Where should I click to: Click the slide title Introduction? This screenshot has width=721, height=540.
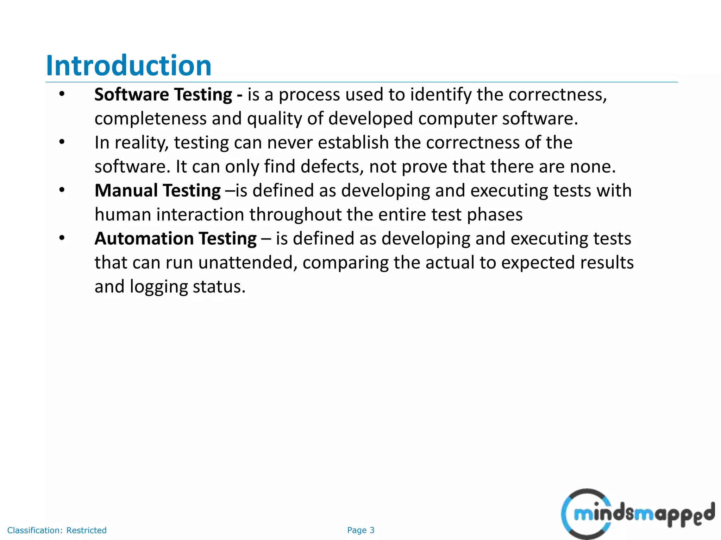129,66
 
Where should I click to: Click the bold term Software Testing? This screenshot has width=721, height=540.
163,95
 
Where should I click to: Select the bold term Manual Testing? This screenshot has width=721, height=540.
158,191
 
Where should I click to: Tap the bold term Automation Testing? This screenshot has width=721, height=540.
176,239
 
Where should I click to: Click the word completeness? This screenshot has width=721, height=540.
150,119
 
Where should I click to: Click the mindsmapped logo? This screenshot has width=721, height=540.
638,514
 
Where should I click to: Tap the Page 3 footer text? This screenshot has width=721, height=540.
360,530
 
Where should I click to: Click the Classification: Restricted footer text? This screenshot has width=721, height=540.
57,530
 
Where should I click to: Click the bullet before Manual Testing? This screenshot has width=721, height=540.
62,190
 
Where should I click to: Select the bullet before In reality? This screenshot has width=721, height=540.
62,142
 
